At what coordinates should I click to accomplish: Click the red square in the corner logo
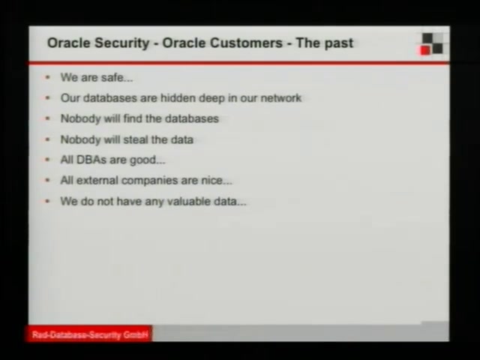(425, 50)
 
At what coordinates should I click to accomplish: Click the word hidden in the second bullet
(178, 98)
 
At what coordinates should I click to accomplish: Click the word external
(97, 180)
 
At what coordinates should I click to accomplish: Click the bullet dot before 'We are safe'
(47, 78)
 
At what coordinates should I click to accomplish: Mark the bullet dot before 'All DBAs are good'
(47, 160)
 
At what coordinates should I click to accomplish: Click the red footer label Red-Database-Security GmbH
(90, 335)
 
